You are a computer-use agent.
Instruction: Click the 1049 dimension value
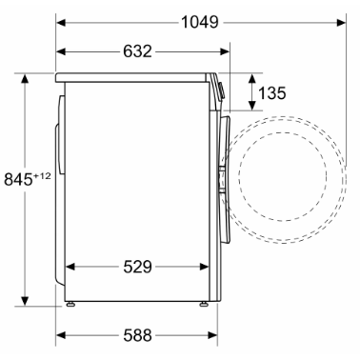coord(200,23)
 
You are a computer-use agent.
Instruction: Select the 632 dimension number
coord(137,51)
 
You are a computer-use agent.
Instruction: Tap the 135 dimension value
coord(272,93)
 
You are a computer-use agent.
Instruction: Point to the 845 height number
coord(18,179)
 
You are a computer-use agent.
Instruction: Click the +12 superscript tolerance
coord(42,175)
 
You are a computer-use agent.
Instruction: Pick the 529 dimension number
coord(137,267)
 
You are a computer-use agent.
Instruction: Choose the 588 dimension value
coord(137,335)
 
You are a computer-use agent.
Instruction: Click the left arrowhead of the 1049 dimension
coord(61,23)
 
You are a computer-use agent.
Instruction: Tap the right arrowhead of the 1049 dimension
coord(341,23)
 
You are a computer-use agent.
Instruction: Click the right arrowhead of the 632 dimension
coord(225,51)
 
